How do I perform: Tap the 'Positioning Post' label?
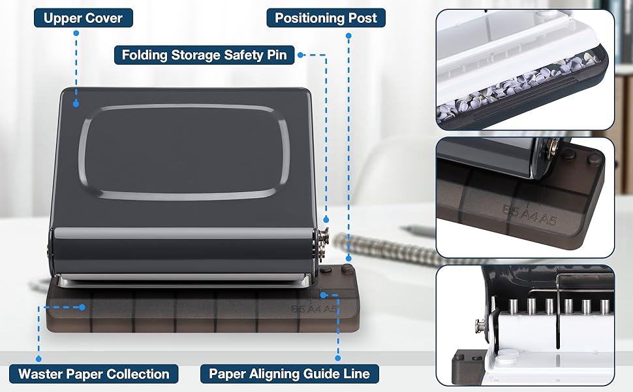click(326, 17)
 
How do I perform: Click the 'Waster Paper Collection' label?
click(94, 374)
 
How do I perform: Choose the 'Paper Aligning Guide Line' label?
click(289, 374)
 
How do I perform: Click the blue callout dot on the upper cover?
click(76, 103)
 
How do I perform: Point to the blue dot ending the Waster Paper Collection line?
click(82, 306)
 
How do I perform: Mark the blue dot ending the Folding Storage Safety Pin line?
click(326, 221)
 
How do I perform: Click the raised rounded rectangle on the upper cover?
click(183, 151)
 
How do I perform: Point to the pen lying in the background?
click(418, 230)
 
